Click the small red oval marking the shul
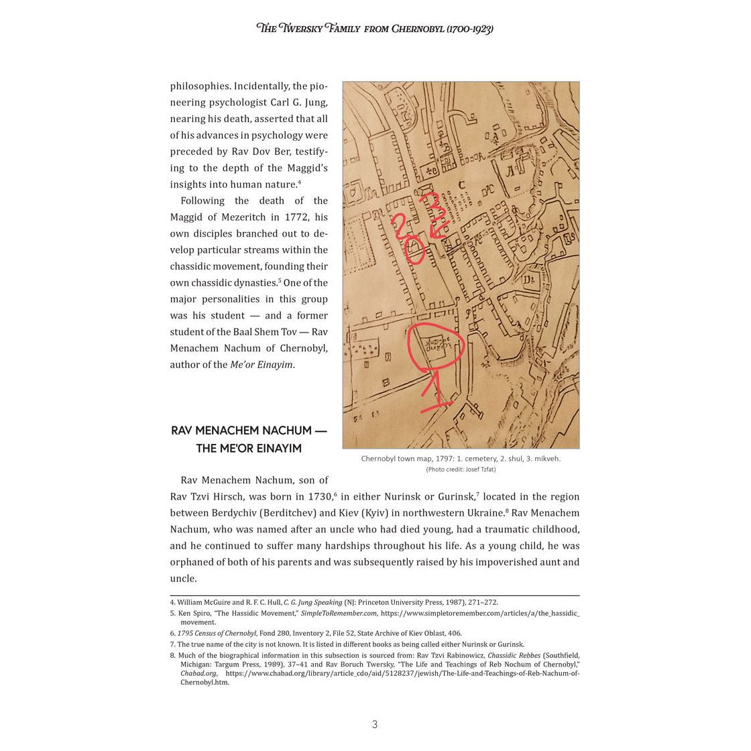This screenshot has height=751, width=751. click(x=414, y=253)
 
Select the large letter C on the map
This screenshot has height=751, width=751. click(x=461, y=185)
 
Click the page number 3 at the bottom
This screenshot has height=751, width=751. click(x=375, y=724)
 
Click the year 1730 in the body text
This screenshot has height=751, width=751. click(x=319, y=497)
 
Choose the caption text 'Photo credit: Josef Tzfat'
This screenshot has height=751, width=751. click(x=461, y=469)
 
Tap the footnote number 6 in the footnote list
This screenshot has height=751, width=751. click(x=172, y=633)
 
